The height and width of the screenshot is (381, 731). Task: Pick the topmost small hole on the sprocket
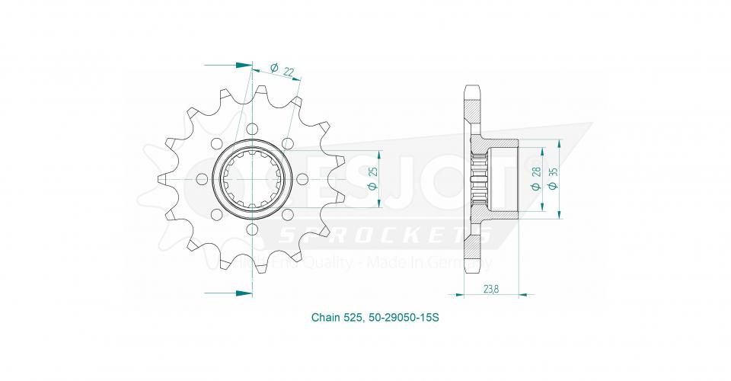[x=252, y=129]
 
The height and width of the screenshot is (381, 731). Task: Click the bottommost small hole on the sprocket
[x=252, y=229]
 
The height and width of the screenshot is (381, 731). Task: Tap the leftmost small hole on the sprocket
[x=202, y=179]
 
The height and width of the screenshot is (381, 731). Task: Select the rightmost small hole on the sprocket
[x=302, y=179]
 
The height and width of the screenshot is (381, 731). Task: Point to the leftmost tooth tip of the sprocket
[x=160, y=179]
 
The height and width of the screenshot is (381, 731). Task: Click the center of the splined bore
[x=252, y=179]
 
